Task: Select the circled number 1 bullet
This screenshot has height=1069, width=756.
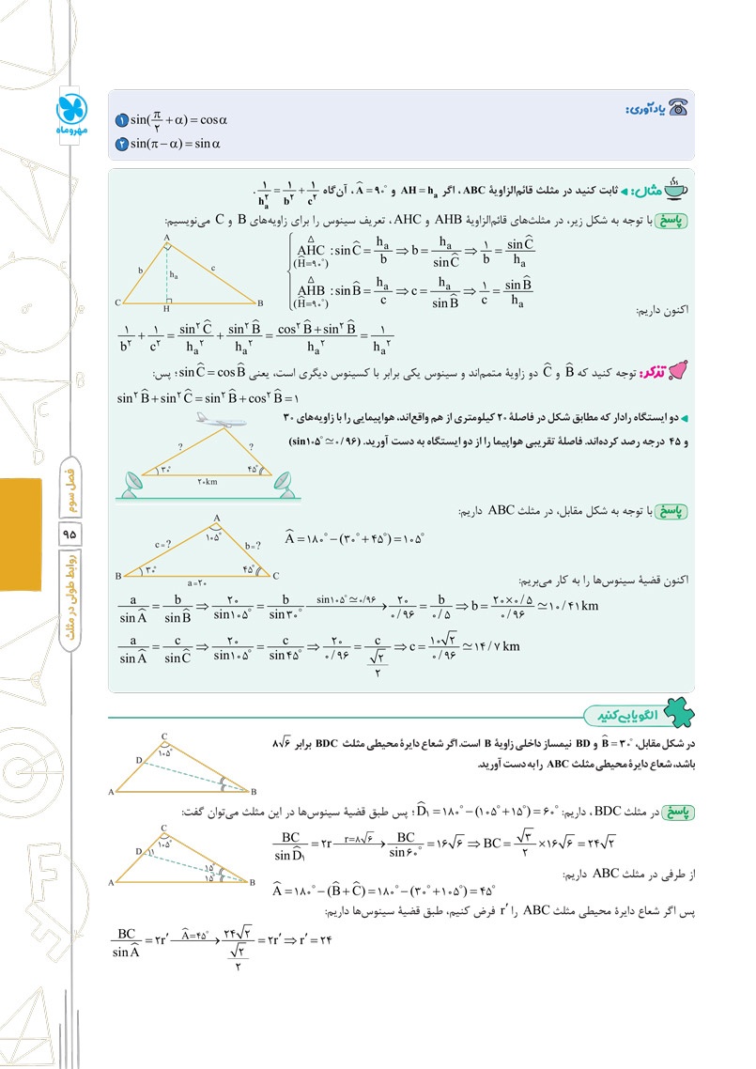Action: (x=121, y=121)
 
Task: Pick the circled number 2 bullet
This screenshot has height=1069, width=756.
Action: (x=121, y=144)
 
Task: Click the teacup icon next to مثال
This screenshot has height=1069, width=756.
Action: (x=671, y=188)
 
